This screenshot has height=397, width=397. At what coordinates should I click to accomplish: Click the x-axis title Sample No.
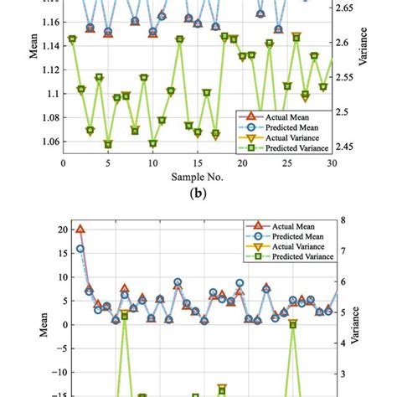(x=198, y=177)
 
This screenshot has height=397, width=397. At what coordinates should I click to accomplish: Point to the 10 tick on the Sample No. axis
(x=152, y=163)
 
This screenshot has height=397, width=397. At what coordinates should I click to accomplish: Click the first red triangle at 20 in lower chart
(x=80, y=229)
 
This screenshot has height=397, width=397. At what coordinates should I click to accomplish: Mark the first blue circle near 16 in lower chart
(x=80, y=249)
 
